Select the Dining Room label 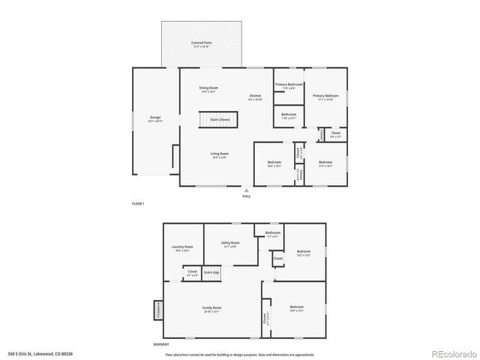point(208,89)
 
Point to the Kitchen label point(256,97)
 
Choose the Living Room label point(219,154)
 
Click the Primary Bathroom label point(289,85)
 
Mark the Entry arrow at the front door point(246,191)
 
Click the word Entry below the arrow point(246,196)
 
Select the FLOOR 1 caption point(138,204)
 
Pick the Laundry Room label point(182,247)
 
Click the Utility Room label point(230,244)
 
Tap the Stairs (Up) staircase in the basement point(211,273)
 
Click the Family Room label point(212,308)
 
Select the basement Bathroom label point(273,233)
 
